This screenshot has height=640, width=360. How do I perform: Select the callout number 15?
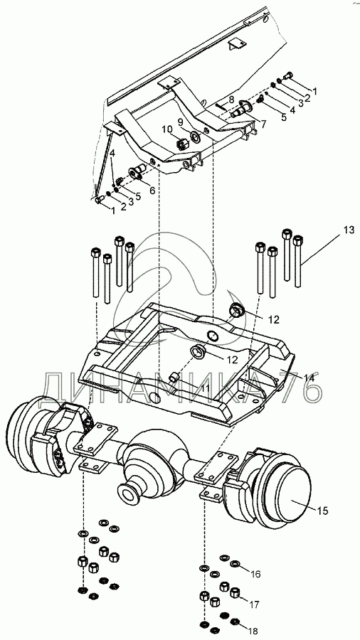click(x=323, y=510)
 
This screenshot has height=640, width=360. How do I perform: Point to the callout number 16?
click(x=255, y=575)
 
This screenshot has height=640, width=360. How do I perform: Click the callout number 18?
click(x=253, y=631)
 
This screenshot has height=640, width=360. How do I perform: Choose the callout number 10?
click(x=167, y=129)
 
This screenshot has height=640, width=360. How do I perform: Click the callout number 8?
click(x=231, y=99)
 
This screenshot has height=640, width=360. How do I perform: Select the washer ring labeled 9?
click(x=195, y=137)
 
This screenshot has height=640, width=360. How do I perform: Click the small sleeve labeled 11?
click(x=174, y=376)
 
